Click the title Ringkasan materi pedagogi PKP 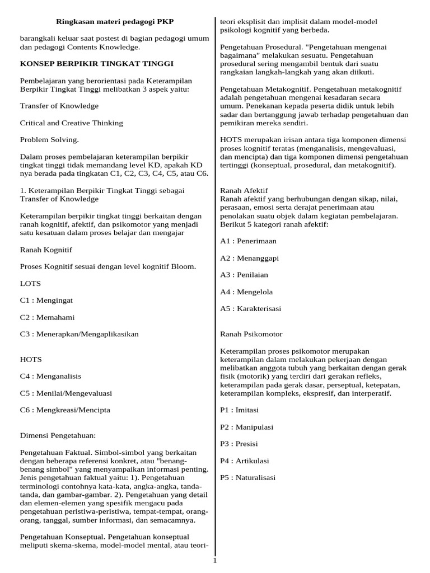coord(115,21)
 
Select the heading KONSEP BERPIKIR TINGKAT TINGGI coord(97,64)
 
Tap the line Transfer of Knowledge coord(59,106)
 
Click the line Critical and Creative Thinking coord(72,123)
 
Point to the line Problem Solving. coord(49,139)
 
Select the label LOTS coord(30,284)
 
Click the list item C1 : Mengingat coord(46,300)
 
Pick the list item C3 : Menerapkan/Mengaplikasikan coord(79,334)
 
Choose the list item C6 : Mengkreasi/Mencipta coord(65,410)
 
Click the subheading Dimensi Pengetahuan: coord(58,435)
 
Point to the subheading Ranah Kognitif coord(46,250)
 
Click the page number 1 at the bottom coord(214,560)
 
